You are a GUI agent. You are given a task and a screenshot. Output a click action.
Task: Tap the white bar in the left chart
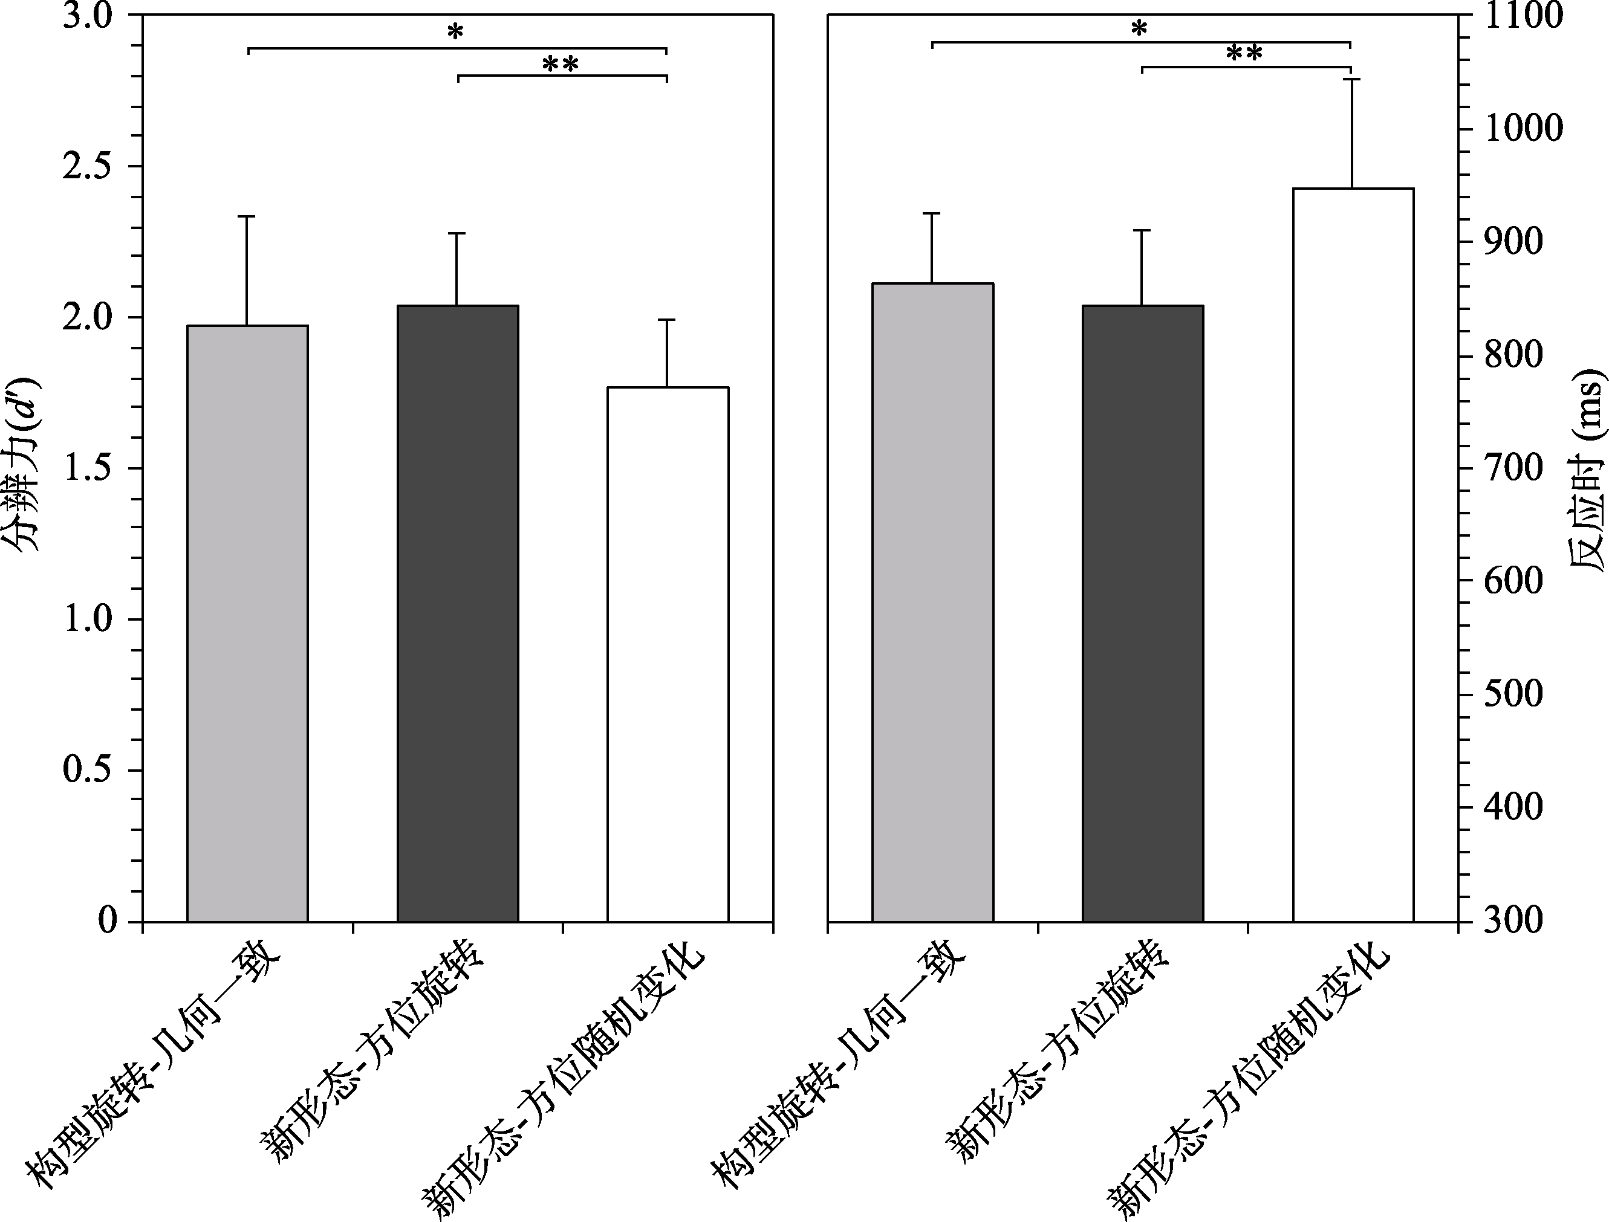pos(668,654)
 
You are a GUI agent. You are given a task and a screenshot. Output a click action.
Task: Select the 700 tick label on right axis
pos(1503,468)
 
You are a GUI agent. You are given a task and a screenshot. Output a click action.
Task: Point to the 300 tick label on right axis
pos(1503,921)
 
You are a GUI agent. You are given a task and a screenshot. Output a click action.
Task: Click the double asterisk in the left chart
pos(561,65)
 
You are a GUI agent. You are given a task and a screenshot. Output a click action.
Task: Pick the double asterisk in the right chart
pos(1244,53)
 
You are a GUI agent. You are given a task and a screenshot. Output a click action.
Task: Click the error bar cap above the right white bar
pos(1352,79)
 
